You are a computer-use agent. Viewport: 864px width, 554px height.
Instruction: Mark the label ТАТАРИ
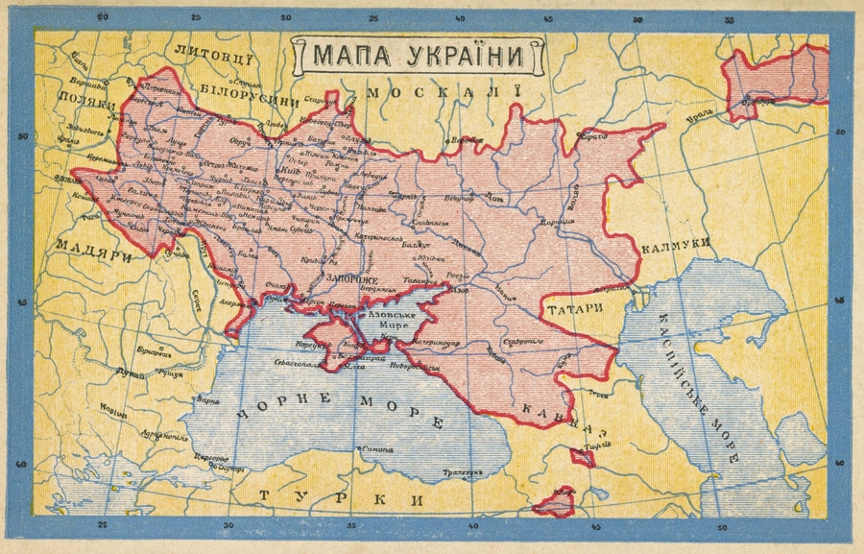point(575,309)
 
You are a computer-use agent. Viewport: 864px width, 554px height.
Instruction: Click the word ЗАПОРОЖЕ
point(350,277)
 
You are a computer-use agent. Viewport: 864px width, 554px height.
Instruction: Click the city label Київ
point(264,170)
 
